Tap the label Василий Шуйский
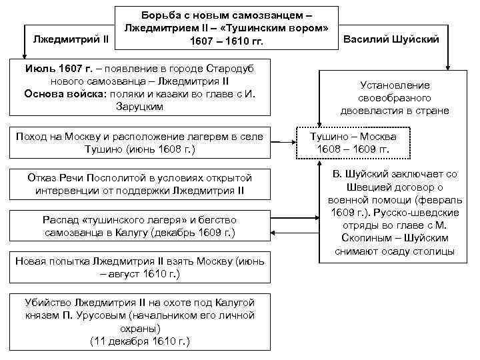pyautogui.click(x=391, y=39)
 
